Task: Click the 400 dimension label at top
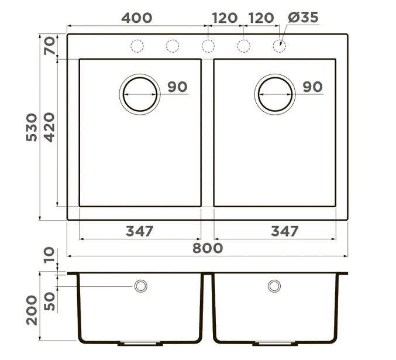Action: (x=137, y=18)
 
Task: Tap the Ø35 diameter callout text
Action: (x=303, y=18)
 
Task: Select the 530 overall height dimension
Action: (x=32, y=128)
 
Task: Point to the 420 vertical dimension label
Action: (x=49, y=128)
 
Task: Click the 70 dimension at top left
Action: (x=50, y=46)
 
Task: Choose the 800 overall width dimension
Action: (x=208, y=248)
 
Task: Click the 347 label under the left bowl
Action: (x=139, y=231)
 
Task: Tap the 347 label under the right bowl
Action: (x=285, y=231)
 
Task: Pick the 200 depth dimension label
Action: (x=32, y=310)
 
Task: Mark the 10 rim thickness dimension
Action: (x=49, y=255)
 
